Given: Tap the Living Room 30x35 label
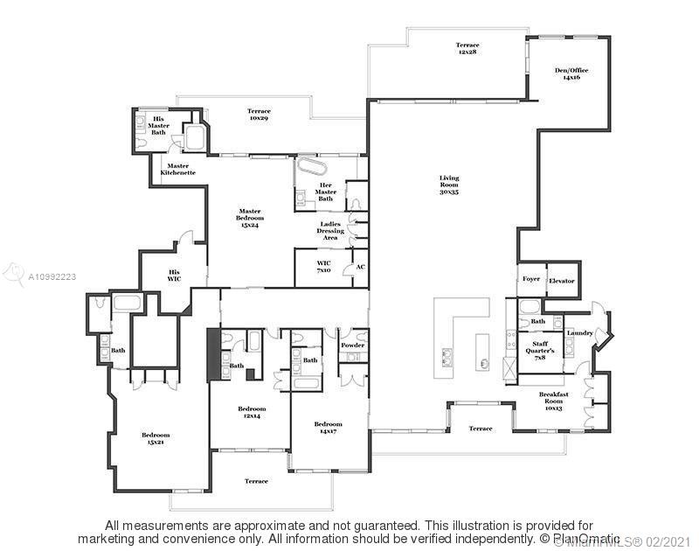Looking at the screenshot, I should [x=449, y=185].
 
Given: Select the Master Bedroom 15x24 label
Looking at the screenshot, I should [x=250, y=217].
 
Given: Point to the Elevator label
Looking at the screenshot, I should [x=562, y=280].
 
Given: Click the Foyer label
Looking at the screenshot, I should [x=531, y=280].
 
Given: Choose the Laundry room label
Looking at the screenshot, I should [x=579, y=332].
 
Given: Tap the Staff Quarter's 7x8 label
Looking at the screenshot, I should [x=540, y=350].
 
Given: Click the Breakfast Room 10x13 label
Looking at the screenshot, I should [x=553, y=401].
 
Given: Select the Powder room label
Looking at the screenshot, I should [x=353, y=345].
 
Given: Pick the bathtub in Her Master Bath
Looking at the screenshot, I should [x=310, y=167].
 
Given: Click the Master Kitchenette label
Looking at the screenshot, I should [x=178, y=169].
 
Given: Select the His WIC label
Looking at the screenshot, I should [x=174, y=275].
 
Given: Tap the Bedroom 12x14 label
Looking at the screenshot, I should [x=252, y=412].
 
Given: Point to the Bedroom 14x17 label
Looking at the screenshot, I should [x=329, y=428].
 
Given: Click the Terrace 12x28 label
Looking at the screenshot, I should [x=467, y=48].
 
